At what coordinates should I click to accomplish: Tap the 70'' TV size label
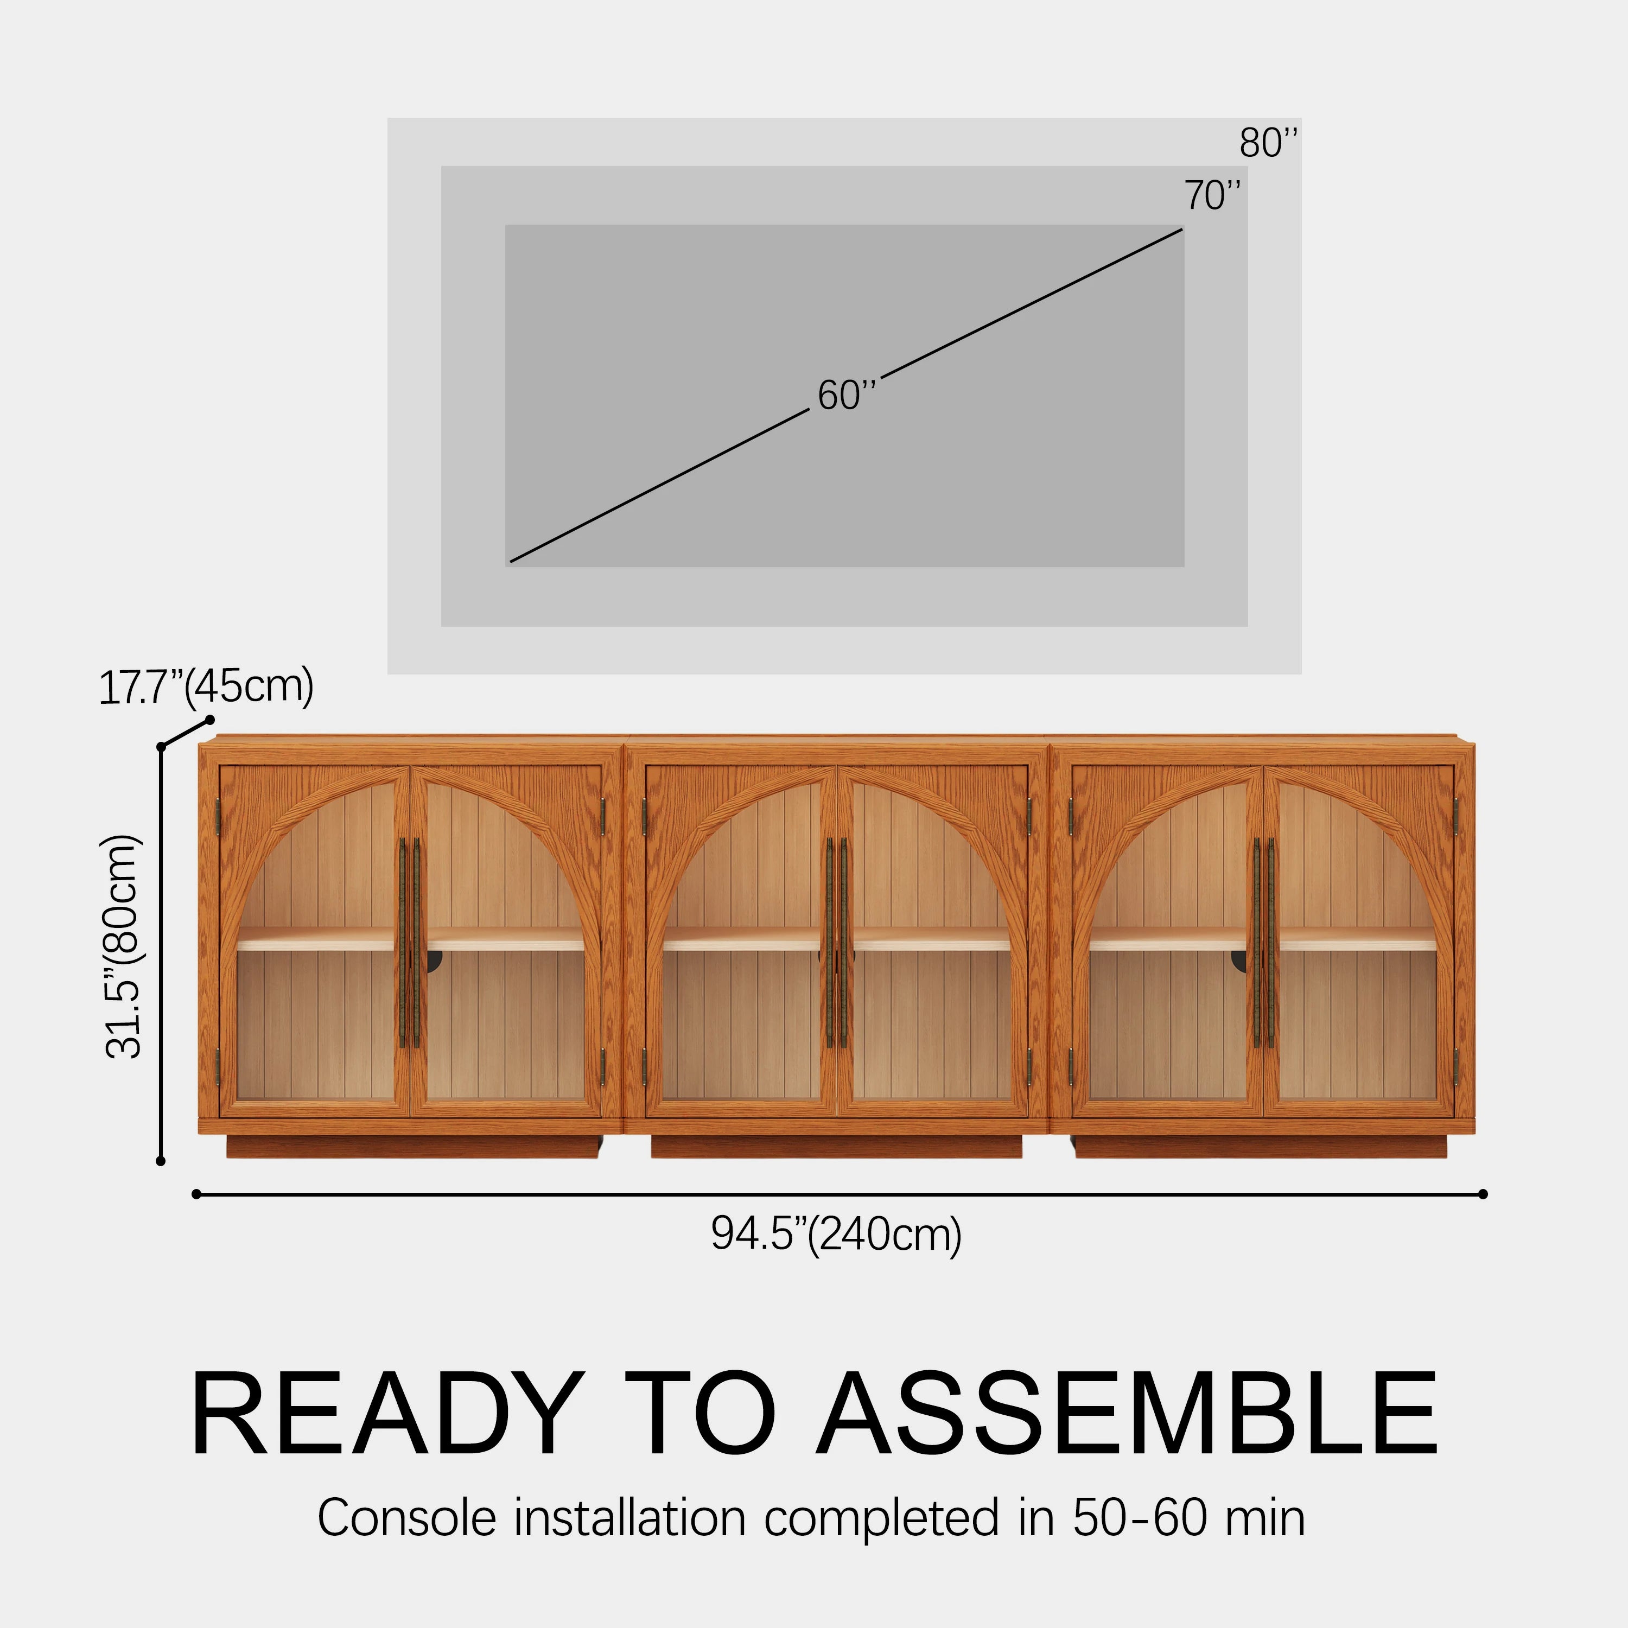(x=1212, y=195)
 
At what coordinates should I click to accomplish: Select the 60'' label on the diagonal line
(x=847, y=395)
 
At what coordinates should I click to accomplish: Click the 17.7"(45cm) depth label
(x=206, y=687)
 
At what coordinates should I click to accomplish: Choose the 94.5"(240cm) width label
(x=836, y=1235)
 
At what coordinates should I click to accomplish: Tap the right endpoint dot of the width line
(x=1483, y=1194)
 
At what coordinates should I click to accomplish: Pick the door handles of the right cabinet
(x=1264, y=942)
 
